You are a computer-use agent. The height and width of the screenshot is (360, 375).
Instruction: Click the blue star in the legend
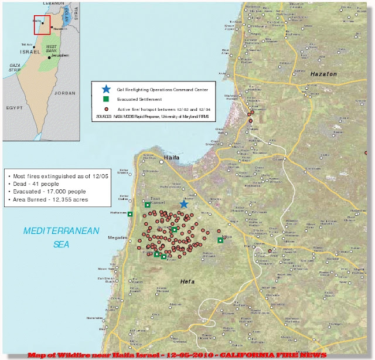105,89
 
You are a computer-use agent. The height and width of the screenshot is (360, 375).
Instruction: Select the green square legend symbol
105,100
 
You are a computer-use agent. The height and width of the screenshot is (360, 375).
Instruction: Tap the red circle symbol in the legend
105,110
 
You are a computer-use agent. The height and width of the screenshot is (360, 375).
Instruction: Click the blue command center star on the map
183,203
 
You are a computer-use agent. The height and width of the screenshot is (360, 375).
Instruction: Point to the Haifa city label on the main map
171,158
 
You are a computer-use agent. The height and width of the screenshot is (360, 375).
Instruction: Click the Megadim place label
117,237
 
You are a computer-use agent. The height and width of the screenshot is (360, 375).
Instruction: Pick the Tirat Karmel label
159,199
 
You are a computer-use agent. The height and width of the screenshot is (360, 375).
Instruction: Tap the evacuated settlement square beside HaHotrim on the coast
129,213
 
